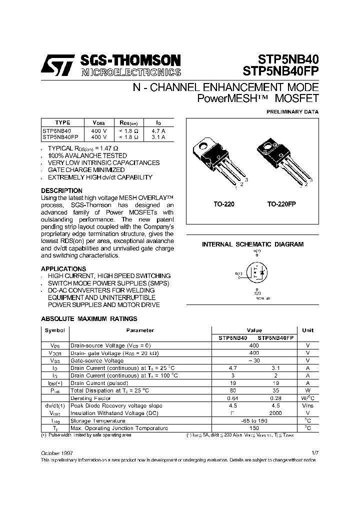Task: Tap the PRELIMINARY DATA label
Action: pos(292,112)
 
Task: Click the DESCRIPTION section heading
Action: pos(61,190)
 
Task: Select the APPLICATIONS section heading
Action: pos(63,268)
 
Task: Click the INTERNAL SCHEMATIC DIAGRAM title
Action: pos(252,244)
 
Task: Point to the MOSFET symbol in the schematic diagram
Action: pos(255,273)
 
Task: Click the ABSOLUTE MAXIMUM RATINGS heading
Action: pos(88,318)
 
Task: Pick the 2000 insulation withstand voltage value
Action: pos(275,413)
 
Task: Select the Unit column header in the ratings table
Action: pos(308,330)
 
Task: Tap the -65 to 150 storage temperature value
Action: pos(253,420)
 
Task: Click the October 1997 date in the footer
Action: pos(56,452)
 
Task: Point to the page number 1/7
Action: pos(314,452)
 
